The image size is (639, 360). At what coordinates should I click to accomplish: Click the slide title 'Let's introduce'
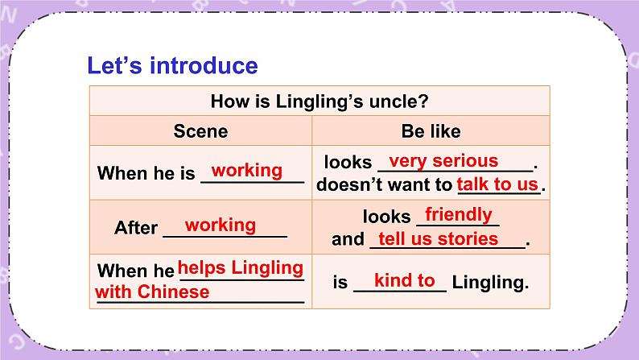tap(172, 65)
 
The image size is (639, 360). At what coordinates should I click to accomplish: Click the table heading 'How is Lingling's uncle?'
tap(319, 101)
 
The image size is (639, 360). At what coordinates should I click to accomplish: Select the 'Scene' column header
tap(200, 130)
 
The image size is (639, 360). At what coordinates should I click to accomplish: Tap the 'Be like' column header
tap(431, 130)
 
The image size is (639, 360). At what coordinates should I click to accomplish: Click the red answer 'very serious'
tap(443, 161)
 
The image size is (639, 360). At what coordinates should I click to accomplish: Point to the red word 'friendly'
tap(458, 214)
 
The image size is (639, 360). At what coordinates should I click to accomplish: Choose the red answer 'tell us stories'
tap(438, 238)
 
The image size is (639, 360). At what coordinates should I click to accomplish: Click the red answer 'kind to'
tap(404, 280)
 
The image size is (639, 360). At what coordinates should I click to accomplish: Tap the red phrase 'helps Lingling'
tap(240, 267)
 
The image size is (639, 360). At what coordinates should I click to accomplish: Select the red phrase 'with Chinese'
tap(152, 292)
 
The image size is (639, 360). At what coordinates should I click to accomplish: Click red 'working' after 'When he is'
tap(247, 171)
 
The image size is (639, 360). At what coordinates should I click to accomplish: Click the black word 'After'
tap(136, 228)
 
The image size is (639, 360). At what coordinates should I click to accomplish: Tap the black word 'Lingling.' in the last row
tap(490, 283)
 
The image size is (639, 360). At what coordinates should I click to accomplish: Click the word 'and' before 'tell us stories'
tap(348, 239)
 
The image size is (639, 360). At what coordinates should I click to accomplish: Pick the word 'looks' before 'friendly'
tap(386, 216)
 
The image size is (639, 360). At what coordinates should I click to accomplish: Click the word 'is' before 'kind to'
tap(340, 283)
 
